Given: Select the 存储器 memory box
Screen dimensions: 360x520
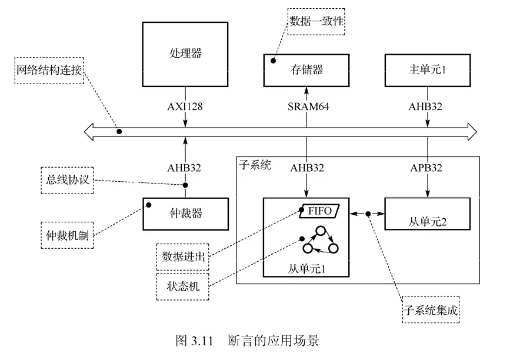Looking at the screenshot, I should tap(306, 70).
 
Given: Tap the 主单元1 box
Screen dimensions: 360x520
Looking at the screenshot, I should tap(428, 70).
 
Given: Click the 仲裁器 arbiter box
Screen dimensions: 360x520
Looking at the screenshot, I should tap(185, 214).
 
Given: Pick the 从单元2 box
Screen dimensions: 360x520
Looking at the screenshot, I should tap(428, 214).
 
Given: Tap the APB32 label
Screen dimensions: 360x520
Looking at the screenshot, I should tap(426, 168).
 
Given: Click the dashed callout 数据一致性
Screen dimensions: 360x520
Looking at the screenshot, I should tap(316, 22).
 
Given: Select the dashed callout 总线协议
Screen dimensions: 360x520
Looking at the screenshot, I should tap(67, 179).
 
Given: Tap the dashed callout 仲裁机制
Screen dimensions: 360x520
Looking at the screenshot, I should tap(67, 235).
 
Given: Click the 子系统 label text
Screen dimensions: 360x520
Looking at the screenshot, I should tap(255, 165).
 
